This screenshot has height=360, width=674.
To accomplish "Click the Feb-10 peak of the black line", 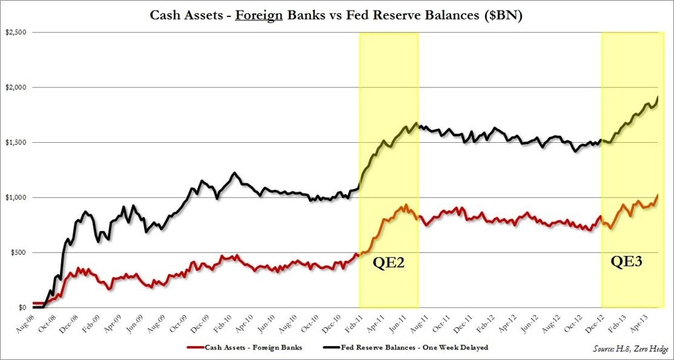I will [234, 173].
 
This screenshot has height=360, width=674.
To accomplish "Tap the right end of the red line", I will [657, 195].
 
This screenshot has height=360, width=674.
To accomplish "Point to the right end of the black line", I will [657, 97].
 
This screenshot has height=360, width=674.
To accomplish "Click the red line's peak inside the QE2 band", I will [405, 205].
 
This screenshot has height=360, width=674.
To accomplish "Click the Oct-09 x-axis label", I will [176, 324].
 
